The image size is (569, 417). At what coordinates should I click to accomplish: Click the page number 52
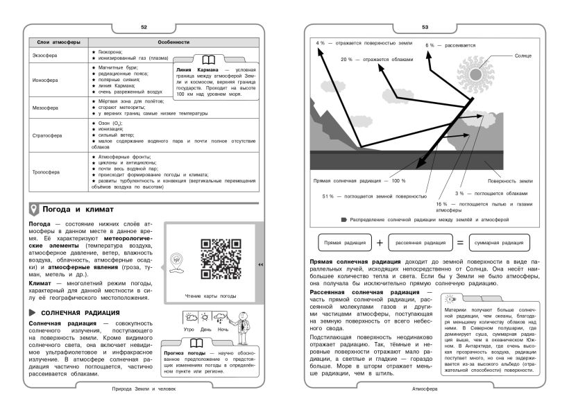coord(144,27)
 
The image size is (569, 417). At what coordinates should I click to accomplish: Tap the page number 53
coord(425,27)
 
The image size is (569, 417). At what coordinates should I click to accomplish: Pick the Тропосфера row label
coord(47,171)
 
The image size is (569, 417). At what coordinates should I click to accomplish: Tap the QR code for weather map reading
coord(219,259)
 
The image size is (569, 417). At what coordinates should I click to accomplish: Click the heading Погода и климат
coord(78,209)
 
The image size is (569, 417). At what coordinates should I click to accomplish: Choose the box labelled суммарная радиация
coord(499,243)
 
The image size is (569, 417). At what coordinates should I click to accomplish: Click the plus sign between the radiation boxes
coord(380,243)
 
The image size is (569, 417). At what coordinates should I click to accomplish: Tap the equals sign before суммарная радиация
coord(459,243)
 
